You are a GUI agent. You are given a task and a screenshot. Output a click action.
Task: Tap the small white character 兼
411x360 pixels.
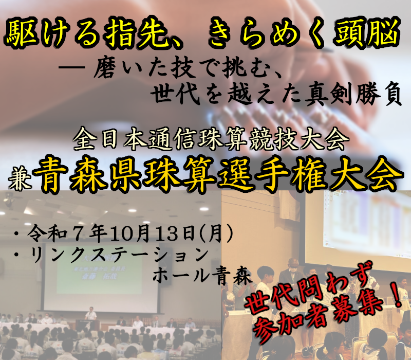[x=18, y=172]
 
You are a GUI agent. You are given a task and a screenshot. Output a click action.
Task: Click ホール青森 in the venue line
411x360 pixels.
[x=202, y=277]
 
